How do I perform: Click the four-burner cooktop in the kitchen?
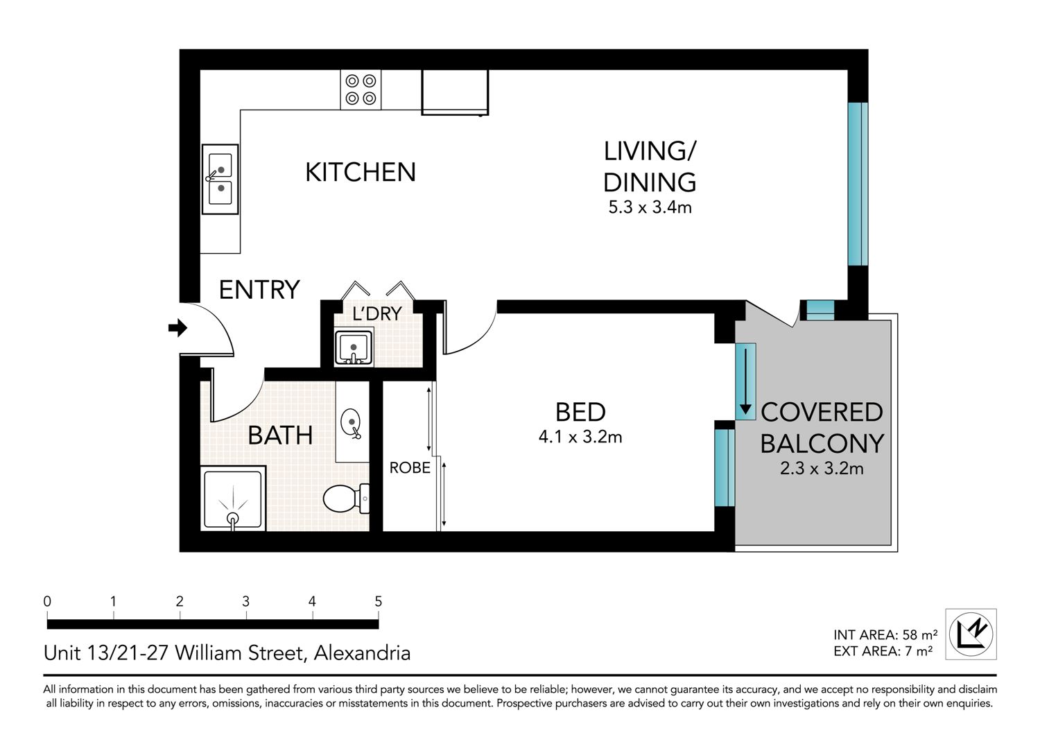(x=361, y=89)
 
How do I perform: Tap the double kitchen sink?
(x=220, y=179)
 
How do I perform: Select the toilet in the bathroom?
(x=347, y=499)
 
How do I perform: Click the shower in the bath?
(x=233, y=498)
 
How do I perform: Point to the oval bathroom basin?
(x=351, y=423)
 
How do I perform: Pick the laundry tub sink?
(x=354, y=347)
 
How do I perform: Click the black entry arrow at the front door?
(x=177, y=328)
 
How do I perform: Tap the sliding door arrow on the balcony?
(x=745, y=381)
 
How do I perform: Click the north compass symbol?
(x=971, y=634)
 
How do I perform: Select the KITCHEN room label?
(x=361, y=172)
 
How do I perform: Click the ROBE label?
(x=410, y=467)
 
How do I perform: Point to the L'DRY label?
(x=377, y=314)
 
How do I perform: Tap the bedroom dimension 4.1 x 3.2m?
(x=580, y=437)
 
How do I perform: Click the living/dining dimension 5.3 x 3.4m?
(x=650, y=207)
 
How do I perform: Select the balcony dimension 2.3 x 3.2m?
(x=822, y=468)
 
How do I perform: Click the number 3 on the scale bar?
(x=246, y=601)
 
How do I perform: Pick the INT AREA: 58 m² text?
(x=885, y=634)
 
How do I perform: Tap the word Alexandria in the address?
(x=363, y=652)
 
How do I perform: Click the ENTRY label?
(x=259, y=290)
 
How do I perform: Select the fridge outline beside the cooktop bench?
(x=455, y=92)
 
